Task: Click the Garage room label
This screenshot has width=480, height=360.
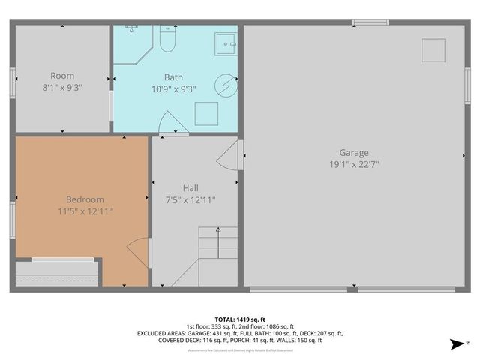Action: click(x=353, y=152)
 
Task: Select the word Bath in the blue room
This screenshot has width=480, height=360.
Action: click(x=173, y=76)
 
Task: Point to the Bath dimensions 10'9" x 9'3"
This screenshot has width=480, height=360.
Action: click(x=173, y=88)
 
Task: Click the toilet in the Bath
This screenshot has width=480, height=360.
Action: click(x=166, y=42)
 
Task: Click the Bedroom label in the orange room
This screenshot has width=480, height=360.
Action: click(x=85, y=199)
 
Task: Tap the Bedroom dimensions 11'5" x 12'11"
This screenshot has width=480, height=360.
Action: click(x=85, y=211)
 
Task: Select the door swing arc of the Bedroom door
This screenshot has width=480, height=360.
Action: click(x=137, y=250)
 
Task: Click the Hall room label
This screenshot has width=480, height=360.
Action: click(x=190, y=187)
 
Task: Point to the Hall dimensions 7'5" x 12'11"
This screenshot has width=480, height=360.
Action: click(x=190, y=199)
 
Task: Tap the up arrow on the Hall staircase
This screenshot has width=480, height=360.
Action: click(x=217, y=229)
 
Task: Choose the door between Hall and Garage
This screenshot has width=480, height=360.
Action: click(x=230, y=156)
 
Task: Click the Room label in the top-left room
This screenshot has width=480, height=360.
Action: click(x=62, y=75)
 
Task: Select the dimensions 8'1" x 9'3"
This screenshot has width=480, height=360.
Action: click(x=62, y=87)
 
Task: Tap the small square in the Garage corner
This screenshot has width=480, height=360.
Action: click(x=433, y=50)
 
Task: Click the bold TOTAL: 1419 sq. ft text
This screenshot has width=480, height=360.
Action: click(x=240, y=319)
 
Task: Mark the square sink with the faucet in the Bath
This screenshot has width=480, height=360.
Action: click(x=226, y=44)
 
